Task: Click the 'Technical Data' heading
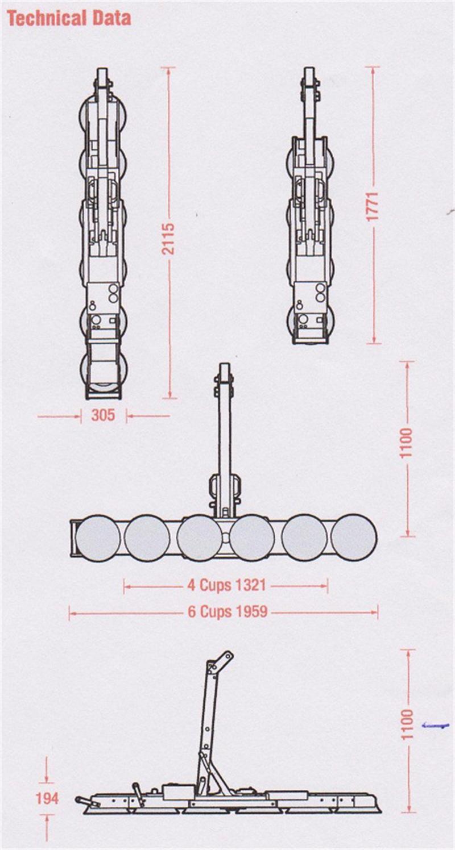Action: [69, 19]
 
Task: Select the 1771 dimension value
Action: [374, 206]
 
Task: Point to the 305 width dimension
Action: [103, 415]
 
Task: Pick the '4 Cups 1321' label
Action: [226, 585]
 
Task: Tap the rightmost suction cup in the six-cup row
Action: [354, 537]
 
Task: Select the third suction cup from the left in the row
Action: [199, 537]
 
